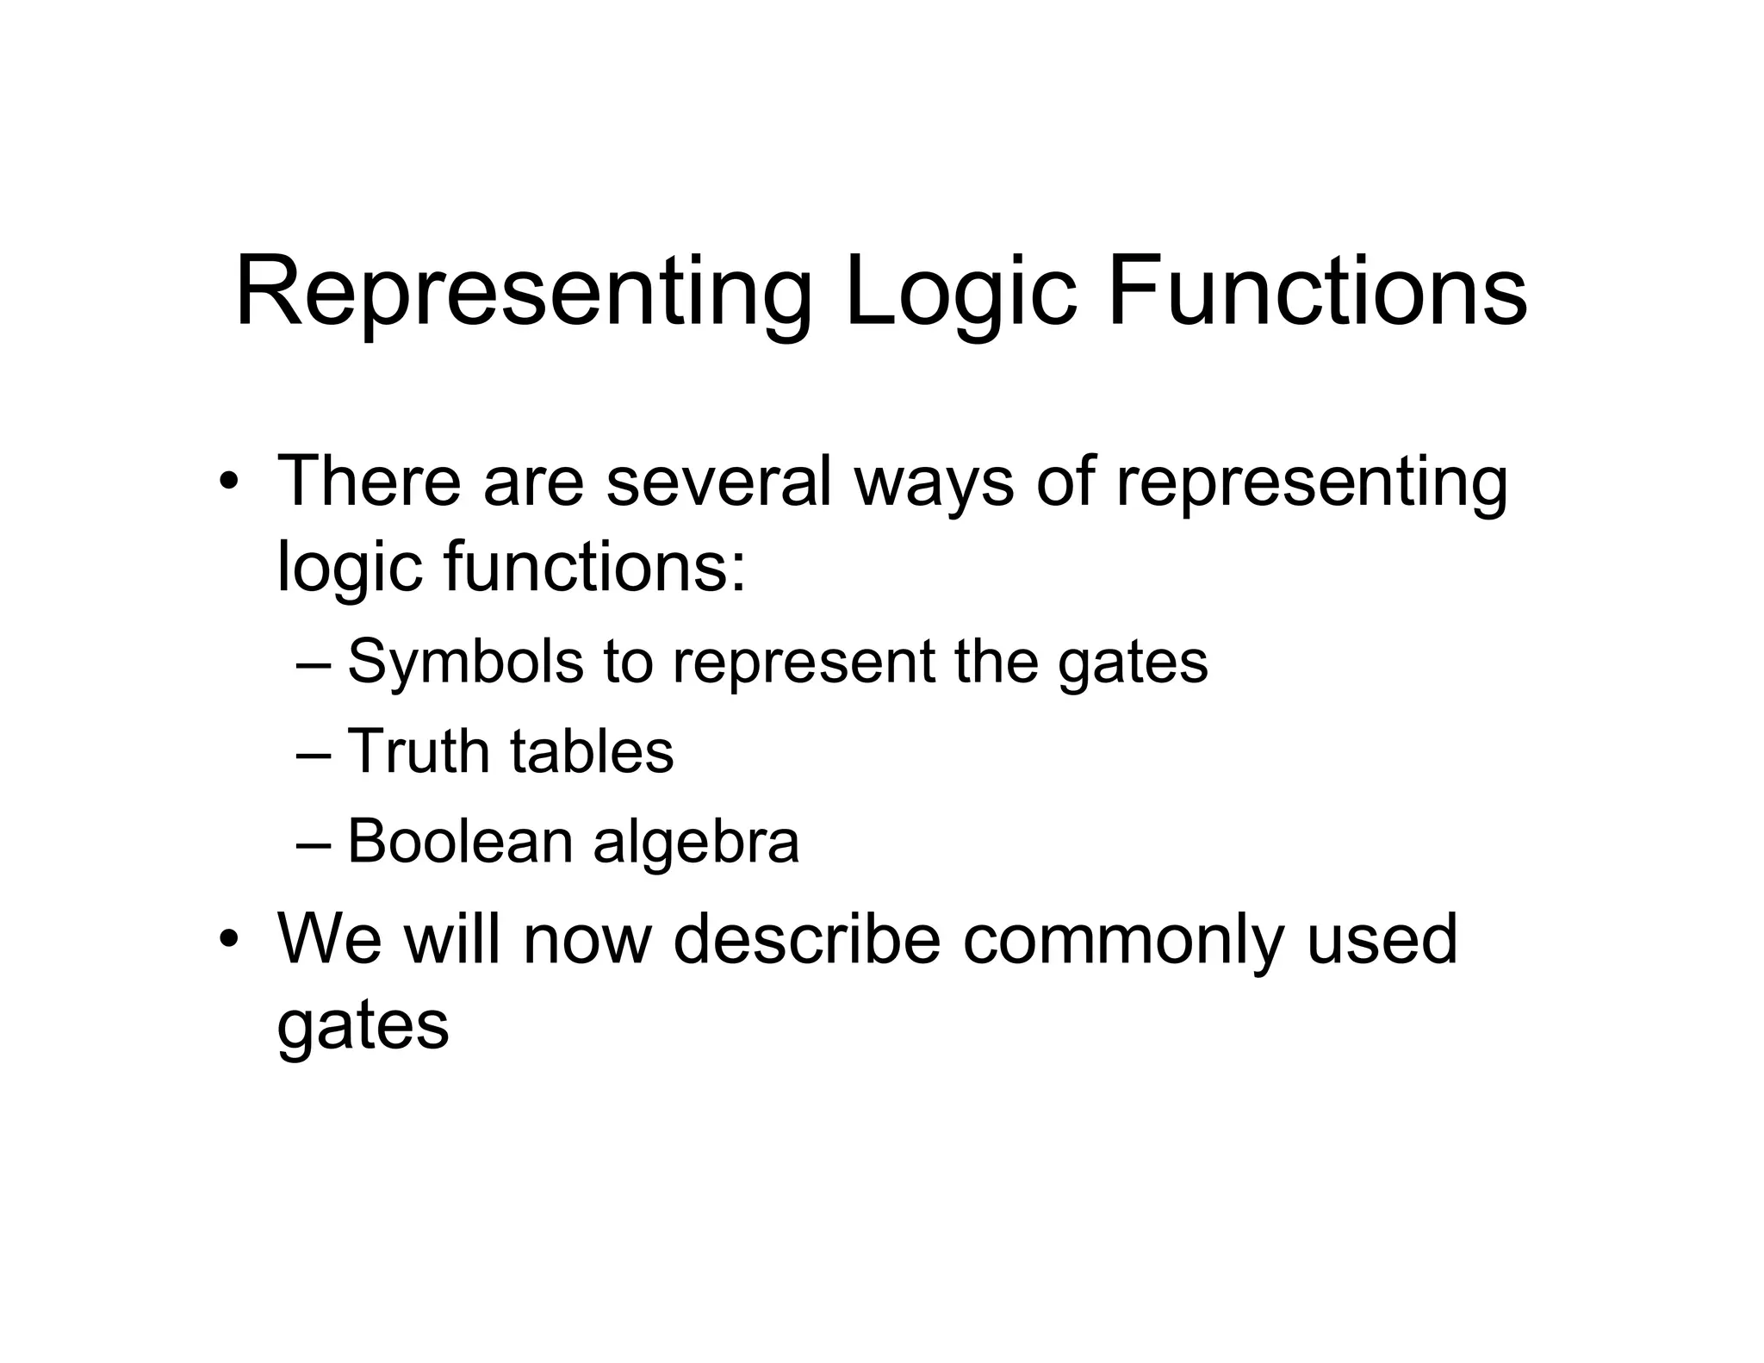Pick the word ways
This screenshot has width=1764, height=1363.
[x=935, y=482]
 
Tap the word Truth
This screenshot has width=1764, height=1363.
[x=418, y=751]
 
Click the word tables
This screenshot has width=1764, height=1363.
[x=593, y=751]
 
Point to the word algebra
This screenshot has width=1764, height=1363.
[x=696, y=843]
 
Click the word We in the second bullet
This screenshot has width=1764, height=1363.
[x=330, y=938]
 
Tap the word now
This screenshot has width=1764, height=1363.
[x=587, y=940]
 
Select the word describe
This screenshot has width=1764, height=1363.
[x=807, y=938]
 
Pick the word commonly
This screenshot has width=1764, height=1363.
[x=1124, y=940]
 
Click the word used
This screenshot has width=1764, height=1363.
[x=1382, y=938]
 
